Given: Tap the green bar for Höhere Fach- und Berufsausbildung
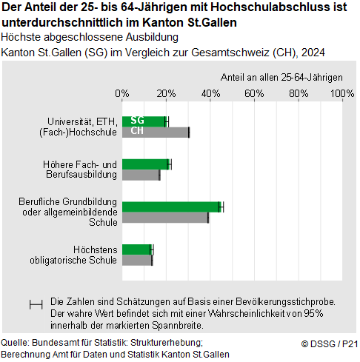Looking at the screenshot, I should point(145,164).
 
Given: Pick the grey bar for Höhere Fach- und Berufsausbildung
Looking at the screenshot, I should point(141,175).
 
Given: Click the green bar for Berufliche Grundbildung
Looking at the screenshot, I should point(171,207).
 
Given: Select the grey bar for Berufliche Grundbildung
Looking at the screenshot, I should point(165,218).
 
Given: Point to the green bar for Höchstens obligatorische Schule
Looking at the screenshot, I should point(136,249).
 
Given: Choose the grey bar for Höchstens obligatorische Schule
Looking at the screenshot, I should point(137,260).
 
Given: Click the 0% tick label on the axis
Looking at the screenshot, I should point(122,94).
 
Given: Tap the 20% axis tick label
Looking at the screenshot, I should point(166,94).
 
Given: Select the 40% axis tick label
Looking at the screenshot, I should point(210,94).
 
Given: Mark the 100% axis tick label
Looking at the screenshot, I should point(341,94).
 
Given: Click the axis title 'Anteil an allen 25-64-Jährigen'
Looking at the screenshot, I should point(281,77).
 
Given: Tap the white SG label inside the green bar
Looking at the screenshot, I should point(137,121).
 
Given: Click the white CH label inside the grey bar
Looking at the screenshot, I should point(137,132).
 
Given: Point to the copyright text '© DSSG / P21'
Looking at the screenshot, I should point(330,343).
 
